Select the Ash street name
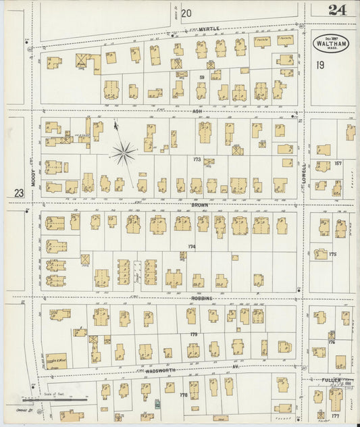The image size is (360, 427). click(197, 111)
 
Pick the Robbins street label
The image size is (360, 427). click(201, 298)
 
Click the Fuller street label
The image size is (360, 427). click(334, 381)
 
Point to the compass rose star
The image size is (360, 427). click(123, 153)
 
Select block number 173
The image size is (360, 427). click(197, 159)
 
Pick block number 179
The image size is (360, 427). click(194, 334)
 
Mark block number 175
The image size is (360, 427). click(332, 255)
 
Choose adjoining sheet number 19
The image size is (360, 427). click(320, 65)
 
